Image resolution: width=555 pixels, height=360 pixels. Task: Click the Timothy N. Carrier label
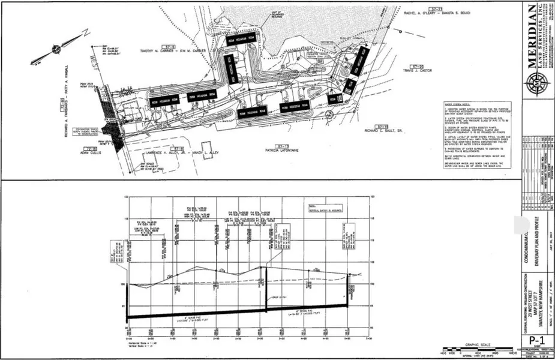tap(171, 50)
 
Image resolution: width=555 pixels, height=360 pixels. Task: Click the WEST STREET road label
tap(97, 84)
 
